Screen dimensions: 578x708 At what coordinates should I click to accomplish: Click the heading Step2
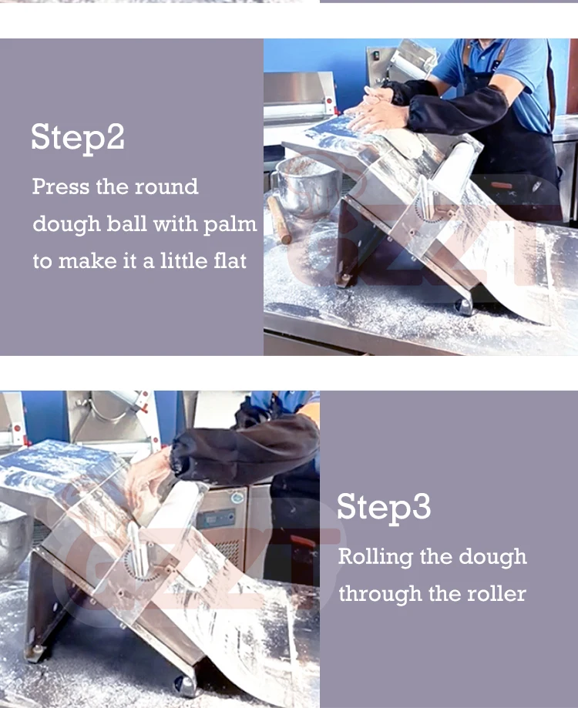[78, 137]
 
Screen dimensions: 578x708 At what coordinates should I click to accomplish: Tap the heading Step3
[384, 507]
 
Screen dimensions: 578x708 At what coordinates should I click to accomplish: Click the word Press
[61, 186]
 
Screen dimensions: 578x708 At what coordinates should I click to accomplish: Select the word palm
[230, 224]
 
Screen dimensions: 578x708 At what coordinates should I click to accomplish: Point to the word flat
[230, 260]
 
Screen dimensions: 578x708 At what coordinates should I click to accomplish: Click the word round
[166, 186]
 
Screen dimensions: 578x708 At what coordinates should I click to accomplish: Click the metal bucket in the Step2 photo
[306, 186]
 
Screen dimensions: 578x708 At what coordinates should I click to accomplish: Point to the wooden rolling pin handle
[279, 220]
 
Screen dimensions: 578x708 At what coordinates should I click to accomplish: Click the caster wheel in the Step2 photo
[463, 307]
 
